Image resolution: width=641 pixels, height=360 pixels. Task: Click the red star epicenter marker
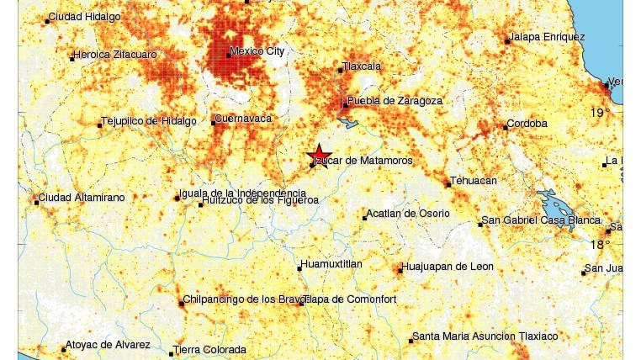(x=320, y=154)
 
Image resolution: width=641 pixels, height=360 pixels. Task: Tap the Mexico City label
(x=257, y=51)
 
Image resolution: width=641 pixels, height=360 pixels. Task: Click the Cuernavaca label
(x=244, y=119)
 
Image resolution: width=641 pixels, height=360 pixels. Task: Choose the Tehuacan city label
(x=474, y=180)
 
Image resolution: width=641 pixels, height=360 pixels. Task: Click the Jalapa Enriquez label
(x=548, y=37)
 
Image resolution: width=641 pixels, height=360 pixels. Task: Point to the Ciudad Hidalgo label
(x=85, y=17)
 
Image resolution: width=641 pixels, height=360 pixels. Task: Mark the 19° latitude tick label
(x=600, y=113)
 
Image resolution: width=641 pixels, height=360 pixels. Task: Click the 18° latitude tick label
(x=600, y=245)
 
